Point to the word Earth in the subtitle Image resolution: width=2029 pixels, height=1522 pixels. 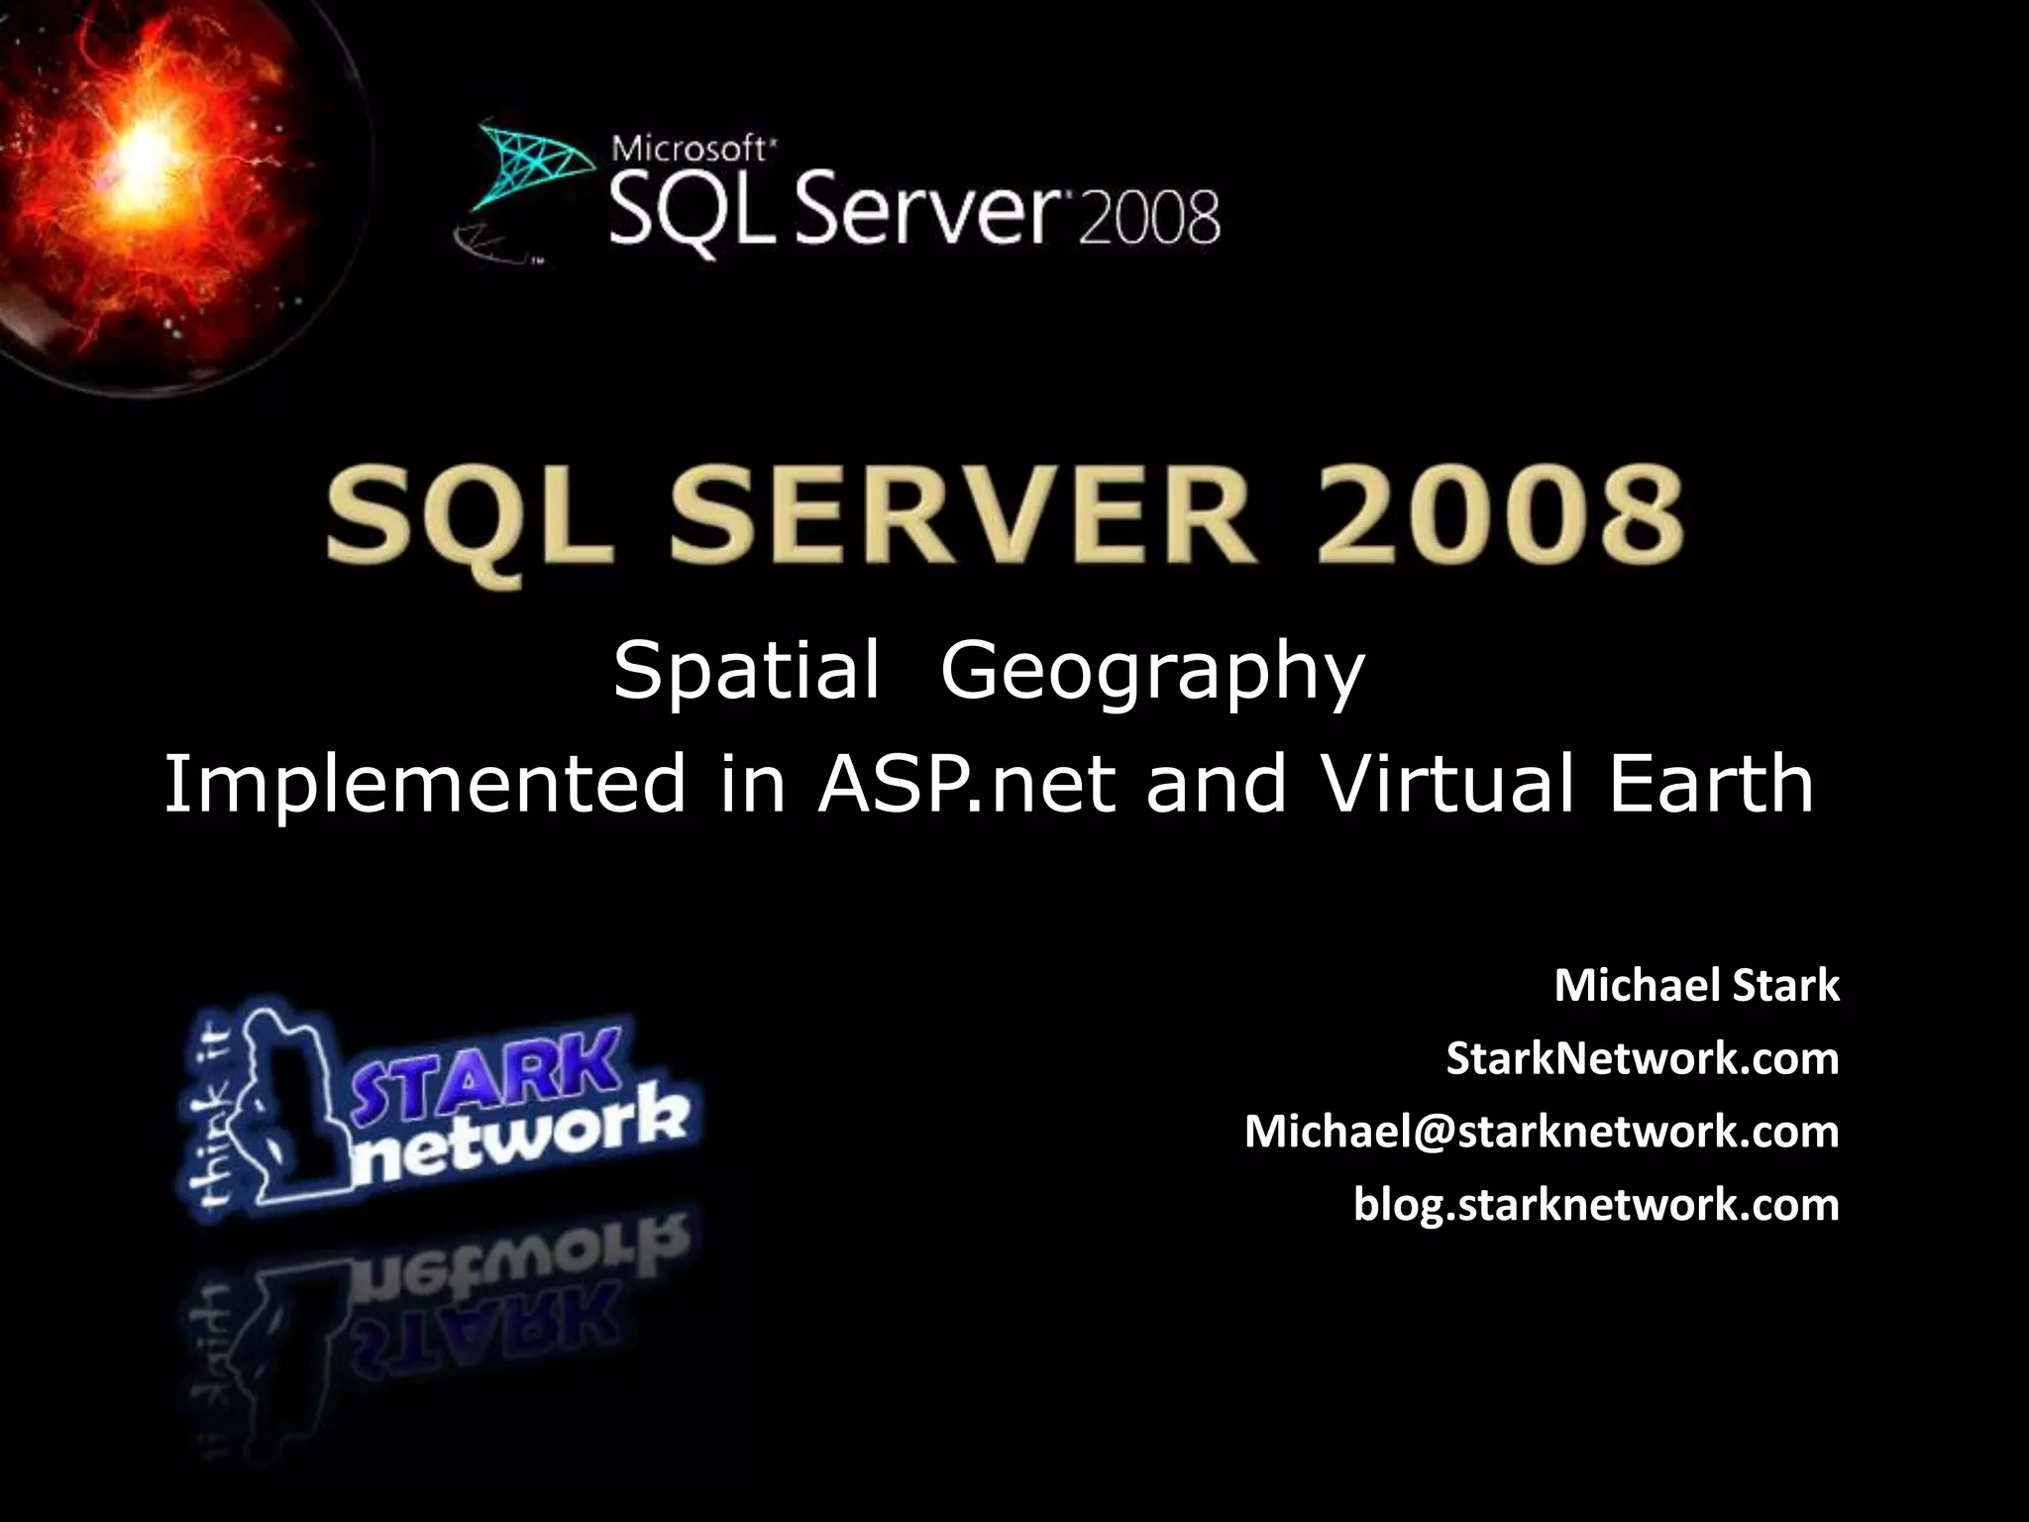1711,783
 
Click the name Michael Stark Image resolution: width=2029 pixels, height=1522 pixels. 1696,986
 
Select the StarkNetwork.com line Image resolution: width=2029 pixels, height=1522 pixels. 1642,1058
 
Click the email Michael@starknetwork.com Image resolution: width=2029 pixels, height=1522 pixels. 1542,1132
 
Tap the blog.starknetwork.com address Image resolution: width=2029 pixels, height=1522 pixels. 1596,1204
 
